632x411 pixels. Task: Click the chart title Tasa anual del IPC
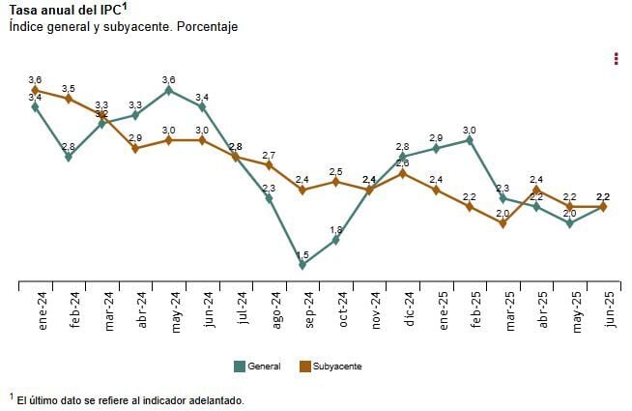click(65, 10)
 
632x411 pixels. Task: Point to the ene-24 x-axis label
click(43, 312)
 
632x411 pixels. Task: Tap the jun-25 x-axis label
click(609, 312)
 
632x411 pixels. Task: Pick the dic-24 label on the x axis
click(410, 312)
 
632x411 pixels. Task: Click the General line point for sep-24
click(302, 264)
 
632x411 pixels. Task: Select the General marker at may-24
click(169, 90)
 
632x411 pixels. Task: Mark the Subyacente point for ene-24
click(36, 90)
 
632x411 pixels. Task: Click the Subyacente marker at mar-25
click(503, 223)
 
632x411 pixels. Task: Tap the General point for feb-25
click(470, 139)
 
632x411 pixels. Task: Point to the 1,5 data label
click(302, 254)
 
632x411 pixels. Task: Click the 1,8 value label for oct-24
click(336, 229)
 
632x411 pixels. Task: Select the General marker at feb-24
click(69, 157)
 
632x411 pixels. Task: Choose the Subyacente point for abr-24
click(135, 148)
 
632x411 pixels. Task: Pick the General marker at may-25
click(570, 223)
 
